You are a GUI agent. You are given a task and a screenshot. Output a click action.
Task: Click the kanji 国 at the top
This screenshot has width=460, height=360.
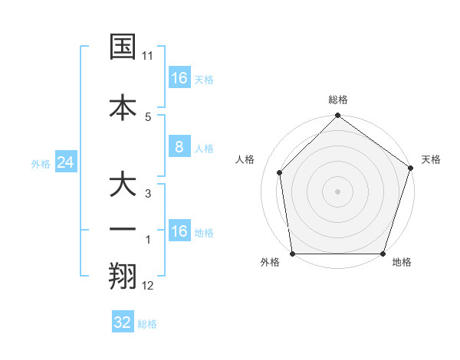pyautogui.click(x=123, y=47)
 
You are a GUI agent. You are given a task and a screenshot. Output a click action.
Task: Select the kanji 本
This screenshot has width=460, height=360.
pyautogui.click(x=123, y=106)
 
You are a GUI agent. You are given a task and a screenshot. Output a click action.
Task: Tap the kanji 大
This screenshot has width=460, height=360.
pyautogui.click(x=123, y=185)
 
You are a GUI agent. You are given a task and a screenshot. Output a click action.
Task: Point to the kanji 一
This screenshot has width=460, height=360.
pyautogui.click(x=123, y=231)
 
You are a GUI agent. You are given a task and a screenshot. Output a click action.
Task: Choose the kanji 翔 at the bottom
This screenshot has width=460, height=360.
pyautogui.click(x=123, y=277)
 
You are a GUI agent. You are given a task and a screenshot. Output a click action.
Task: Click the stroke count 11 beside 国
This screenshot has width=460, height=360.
pyautogui.click(x=148, y=56)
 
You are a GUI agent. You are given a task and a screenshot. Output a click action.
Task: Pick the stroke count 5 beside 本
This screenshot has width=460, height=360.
pyautogui.click(x=148, y=116)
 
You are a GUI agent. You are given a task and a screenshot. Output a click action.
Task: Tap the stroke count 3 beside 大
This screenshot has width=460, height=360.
pyautogui.click(x=148, y=195)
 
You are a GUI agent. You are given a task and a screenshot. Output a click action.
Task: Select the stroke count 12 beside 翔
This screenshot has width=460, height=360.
pyautogui.click(x=148, y=286)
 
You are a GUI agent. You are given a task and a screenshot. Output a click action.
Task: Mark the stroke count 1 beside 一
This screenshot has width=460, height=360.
pyautogui.click(x=148, y=241)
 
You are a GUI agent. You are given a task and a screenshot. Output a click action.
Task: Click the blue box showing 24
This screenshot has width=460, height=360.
pyautogui.click(x=64, y=162)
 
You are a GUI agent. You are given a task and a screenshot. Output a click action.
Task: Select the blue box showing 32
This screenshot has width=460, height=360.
pyautogui.click(x=123, y=322)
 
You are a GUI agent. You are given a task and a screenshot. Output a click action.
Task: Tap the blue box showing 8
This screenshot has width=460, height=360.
pyautogui.click(x=179, y=147)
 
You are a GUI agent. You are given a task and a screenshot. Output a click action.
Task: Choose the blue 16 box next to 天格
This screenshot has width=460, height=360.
pyautogui.click(x=179, y=78)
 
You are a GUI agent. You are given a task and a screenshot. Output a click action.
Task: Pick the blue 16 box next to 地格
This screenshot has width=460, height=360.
pyautogui.click(x=179, y=231)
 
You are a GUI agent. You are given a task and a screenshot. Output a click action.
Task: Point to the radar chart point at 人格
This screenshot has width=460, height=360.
pyautogui.click(x=279, y=172)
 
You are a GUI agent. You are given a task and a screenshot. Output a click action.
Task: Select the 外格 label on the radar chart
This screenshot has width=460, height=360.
pyautogui.click(x=270, y=263)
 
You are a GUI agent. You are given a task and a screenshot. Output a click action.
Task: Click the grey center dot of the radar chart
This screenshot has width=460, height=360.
pyautogui.click(x=337, y=191)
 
